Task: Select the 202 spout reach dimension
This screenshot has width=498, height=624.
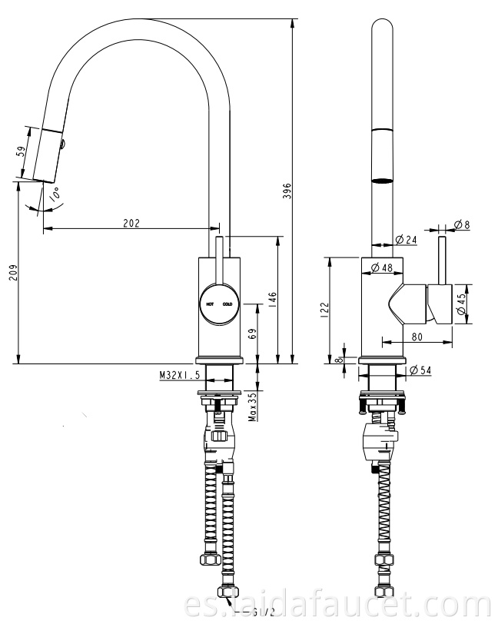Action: click(x=131, y=224)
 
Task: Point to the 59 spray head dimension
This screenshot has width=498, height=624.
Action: click(x=21, y=152)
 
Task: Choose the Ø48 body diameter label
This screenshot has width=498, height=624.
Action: click(x=381, y=267)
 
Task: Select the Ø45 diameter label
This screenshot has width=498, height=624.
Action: click(x=461, y=304)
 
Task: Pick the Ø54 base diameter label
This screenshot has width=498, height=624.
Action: click(x=420, y=370)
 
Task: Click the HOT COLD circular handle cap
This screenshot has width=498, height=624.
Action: click(x=218, y=304)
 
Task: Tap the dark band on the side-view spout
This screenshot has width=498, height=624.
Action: click(x=381, y=181)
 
